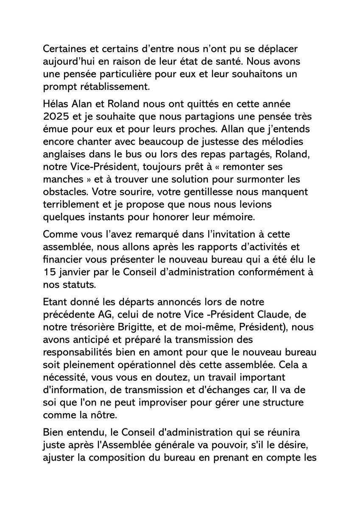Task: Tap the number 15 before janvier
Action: pyautogui.click(x=49, y=271)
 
